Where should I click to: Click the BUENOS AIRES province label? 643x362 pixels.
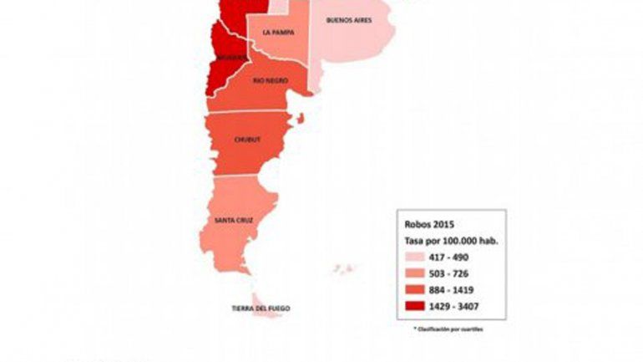point(348,19)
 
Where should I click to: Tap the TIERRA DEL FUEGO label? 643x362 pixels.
point(261,308)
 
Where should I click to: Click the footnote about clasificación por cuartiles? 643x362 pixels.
point(448,329)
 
